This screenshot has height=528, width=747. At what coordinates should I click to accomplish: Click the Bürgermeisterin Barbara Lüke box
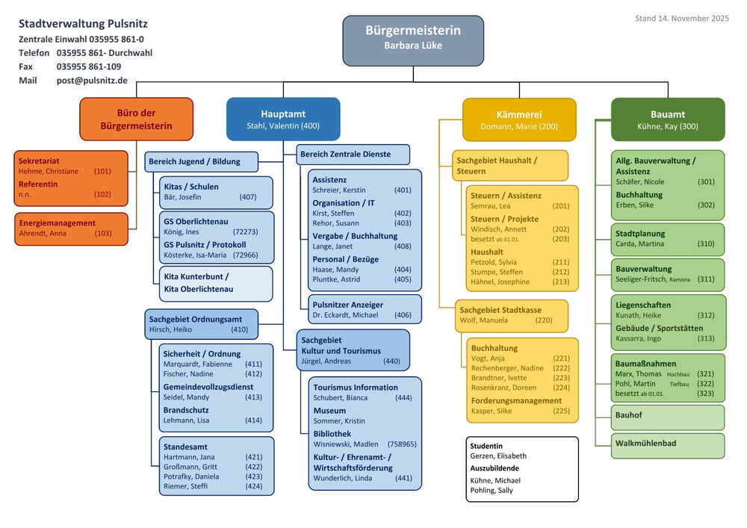pos(413,39)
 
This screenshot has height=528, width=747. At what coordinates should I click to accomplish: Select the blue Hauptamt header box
pos(283,119)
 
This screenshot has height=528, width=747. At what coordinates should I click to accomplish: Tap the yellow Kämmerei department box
pos(519,119)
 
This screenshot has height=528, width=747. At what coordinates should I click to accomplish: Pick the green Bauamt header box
pos(668,119)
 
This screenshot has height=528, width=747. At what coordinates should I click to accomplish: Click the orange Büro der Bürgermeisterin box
pos(136,119)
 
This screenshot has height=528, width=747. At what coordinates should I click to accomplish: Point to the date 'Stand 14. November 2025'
pos(682,18)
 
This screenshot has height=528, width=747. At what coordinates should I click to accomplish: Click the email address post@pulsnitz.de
pos(92,81)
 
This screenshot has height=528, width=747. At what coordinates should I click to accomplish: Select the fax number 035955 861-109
pos(89,66)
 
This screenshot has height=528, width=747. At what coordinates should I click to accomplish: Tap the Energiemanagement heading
pos(57,223)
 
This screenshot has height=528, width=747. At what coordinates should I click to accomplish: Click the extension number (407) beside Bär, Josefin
pos(248,197)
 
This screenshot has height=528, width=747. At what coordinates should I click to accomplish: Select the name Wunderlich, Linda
pos(342,478)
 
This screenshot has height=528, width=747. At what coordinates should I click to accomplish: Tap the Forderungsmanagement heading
pos(516,400)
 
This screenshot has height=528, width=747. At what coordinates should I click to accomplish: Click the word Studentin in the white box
pos(486,446)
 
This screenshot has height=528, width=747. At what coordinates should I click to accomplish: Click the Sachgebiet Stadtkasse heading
pos(500,310)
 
